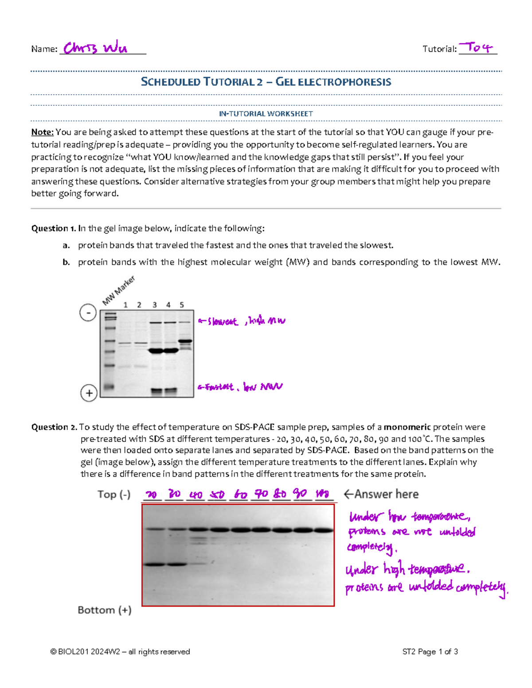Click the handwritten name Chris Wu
(95, 48)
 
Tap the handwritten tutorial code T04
(476, 47)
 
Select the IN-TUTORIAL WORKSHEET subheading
(266, 114)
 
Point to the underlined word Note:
(42, 132)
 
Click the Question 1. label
(53, 228)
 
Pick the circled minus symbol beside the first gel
(88, 313)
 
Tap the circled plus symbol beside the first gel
(89, 393)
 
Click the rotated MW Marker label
(118, 290)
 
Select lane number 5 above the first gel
(182, 305)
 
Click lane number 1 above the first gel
(125, 305)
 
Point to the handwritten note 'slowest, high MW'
(242, 321)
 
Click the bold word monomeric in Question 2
(407, 427)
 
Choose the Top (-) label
(114, 495)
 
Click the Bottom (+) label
(105, 610)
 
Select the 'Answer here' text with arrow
(381, 494)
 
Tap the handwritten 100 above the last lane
(322, 494)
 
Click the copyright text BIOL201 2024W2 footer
(120, 652)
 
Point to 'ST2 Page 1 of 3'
(430, 652)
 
